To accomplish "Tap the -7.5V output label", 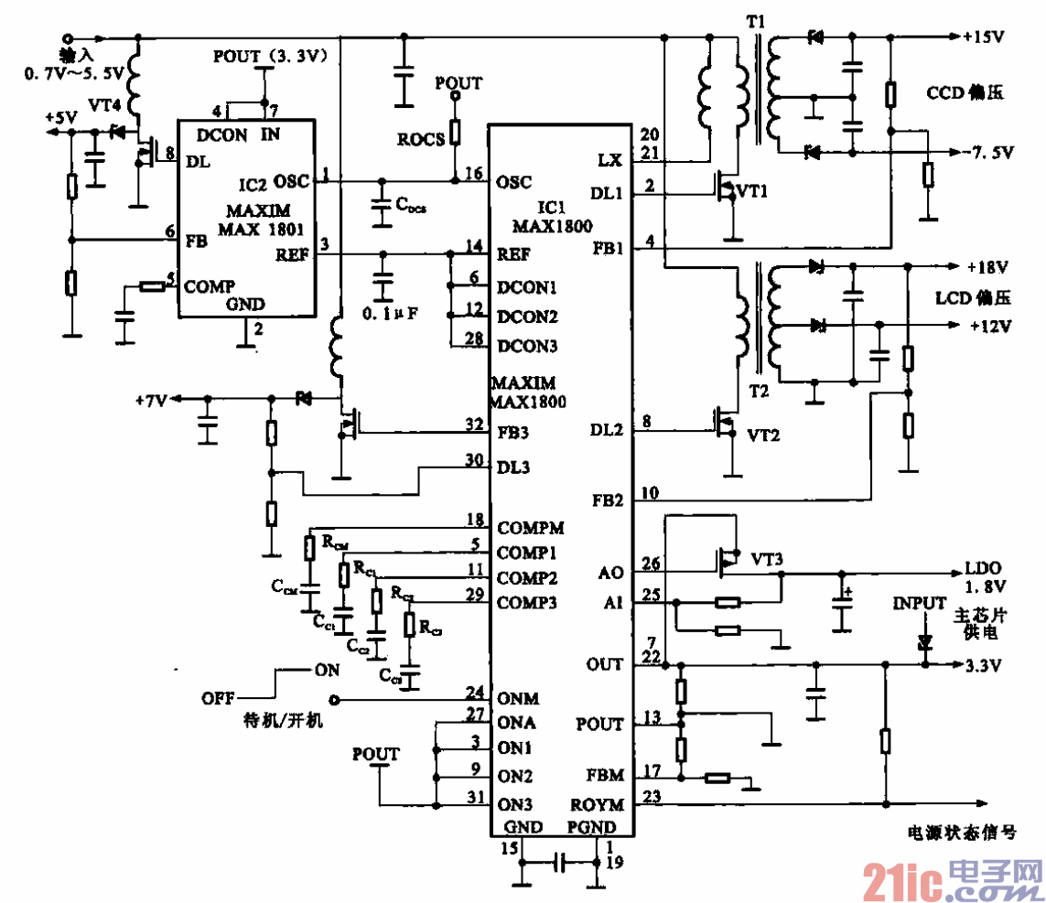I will coord(987,153).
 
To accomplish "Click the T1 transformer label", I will coord(758,19).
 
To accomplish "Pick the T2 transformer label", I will coord(758,391).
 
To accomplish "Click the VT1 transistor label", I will coord(752,193).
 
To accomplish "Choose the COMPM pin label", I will coord(531,528).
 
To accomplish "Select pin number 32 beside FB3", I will coord(474,424).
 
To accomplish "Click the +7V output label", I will coord(151,400).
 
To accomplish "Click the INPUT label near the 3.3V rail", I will coord(921,603).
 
